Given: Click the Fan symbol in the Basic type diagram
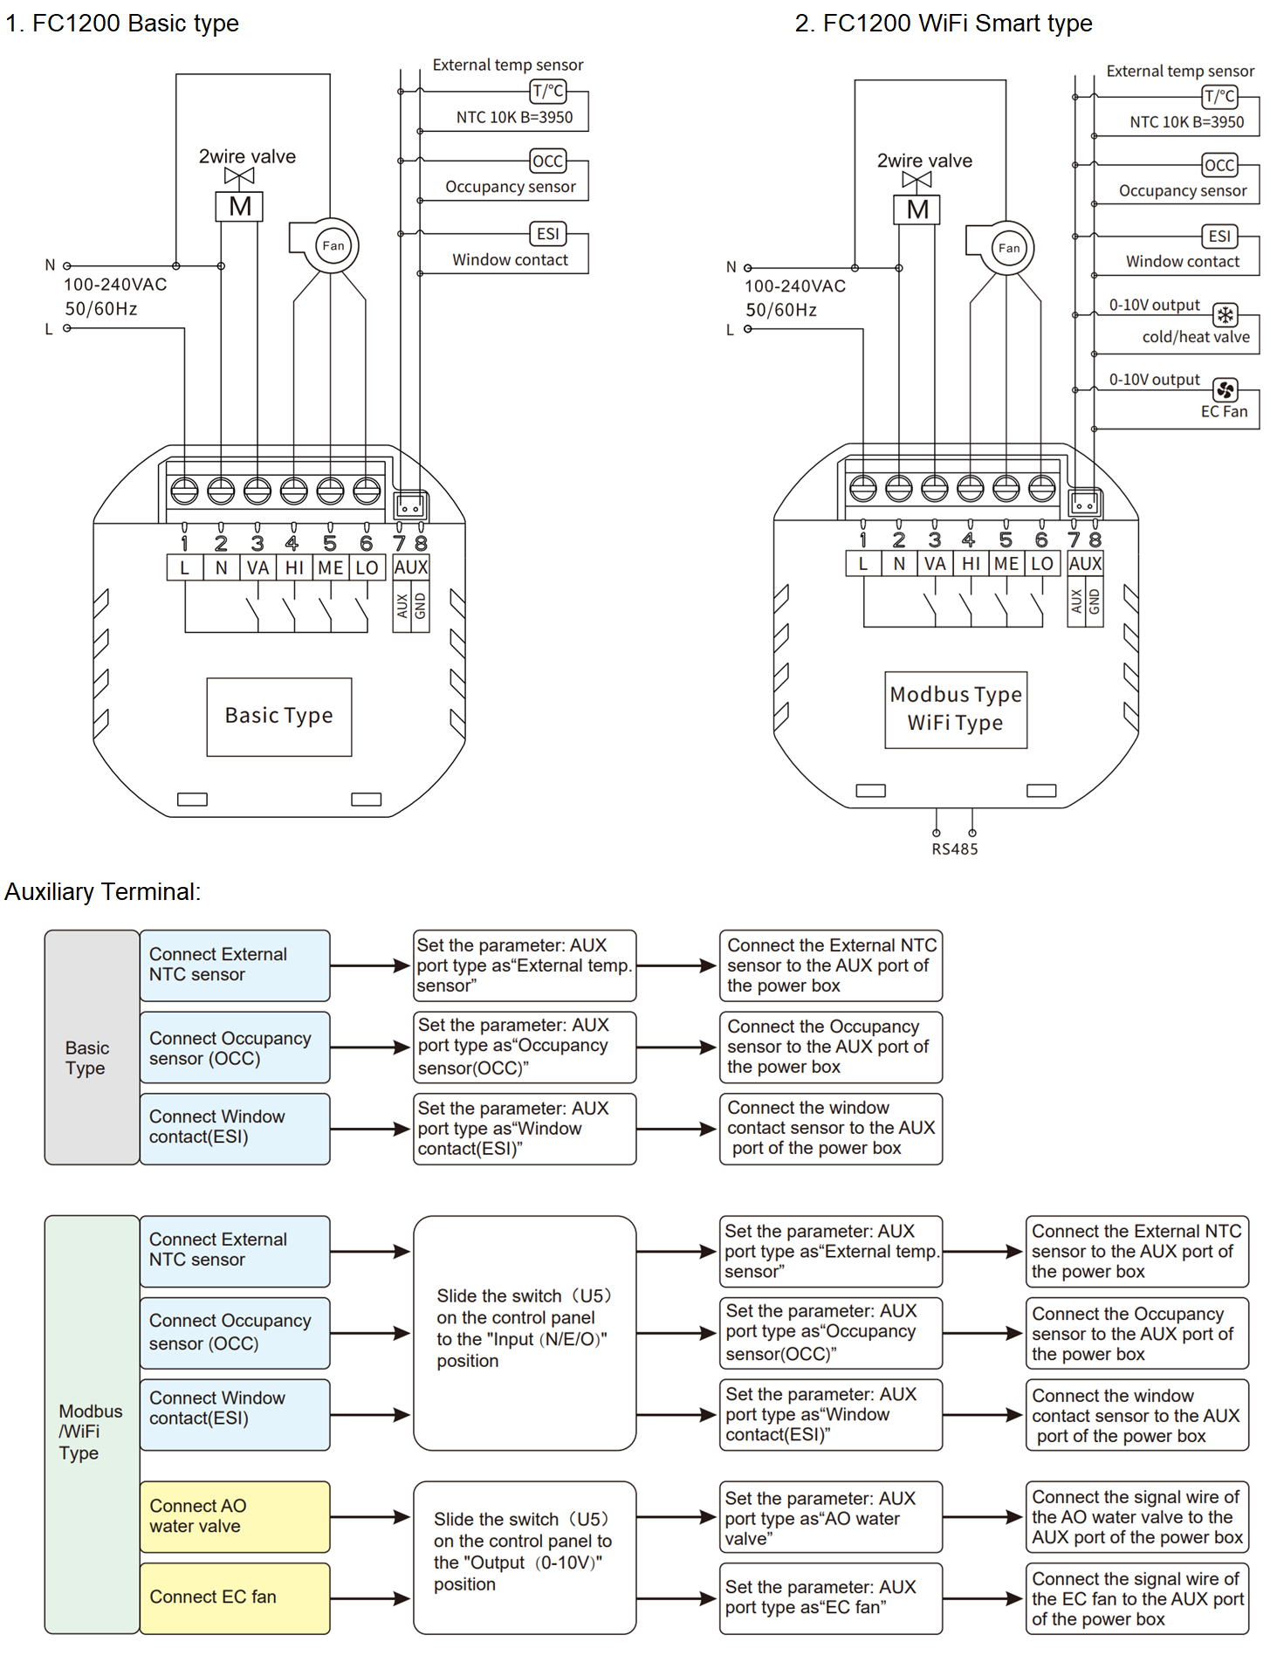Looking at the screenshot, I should click(x=333, y=245).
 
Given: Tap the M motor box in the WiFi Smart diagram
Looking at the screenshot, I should click(x=917, y=209).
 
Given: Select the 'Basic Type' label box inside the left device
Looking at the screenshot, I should click(x=279, y=717).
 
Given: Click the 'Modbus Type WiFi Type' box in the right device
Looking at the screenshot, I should click(x=956, y=710).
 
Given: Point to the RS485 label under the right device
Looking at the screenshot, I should click(x=955, y=849).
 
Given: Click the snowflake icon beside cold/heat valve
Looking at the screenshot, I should click(x=1226, y=314).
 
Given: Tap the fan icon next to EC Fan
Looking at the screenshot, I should click(x=1226, y=389).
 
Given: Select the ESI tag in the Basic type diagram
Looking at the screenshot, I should click(x=548, y=234).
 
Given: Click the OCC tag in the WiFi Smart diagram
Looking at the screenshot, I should click(x=1219, y=165).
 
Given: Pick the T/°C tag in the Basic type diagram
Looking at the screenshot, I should click(x=548, y=91).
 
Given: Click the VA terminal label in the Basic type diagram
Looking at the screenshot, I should click(x=257, y=568).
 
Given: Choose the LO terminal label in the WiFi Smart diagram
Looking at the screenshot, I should click(x=1042, y=564).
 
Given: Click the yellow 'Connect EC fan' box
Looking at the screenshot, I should click(x=235, y=1597).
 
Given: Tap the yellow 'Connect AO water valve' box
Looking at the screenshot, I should click(x=235, y=1516).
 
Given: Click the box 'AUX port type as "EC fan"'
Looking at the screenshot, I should click(x=830, y=1597).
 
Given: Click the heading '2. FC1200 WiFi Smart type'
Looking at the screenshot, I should click(x=943, y=24).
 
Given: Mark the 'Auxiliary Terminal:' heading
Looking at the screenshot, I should click(x=103, y=892).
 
